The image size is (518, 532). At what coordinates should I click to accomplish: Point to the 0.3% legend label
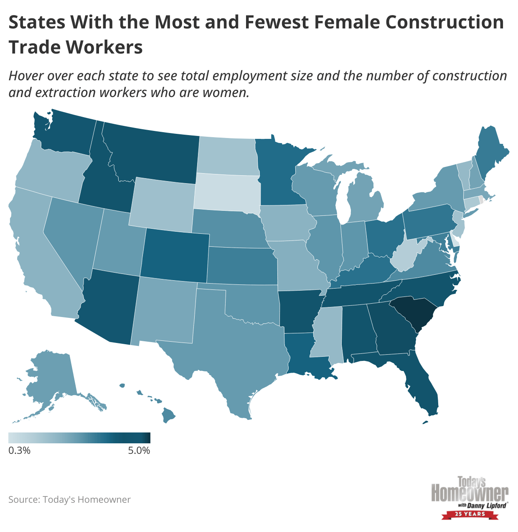[19, 450]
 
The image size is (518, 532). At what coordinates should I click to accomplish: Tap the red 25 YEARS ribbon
[470, 514]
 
